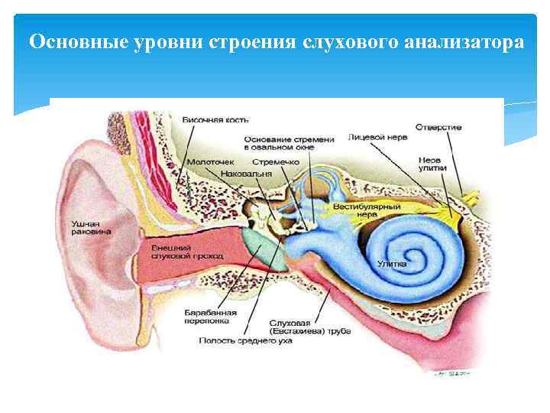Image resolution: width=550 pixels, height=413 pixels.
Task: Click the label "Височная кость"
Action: pyautogui.click(x=215, y=120)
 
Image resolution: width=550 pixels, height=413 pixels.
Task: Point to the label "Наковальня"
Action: pyautogui.click(x=245, y=174)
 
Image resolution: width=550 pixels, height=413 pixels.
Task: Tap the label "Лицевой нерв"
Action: pyautogui.click(x=377, y=137)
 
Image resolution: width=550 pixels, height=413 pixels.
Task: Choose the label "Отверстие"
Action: pyautogui.click(x=438, y=126)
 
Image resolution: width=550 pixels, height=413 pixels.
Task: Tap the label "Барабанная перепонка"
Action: pyautogui.click(x=205, y=317)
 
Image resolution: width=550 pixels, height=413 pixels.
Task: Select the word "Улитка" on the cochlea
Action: pyautogui.click(x=392, y=263)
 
